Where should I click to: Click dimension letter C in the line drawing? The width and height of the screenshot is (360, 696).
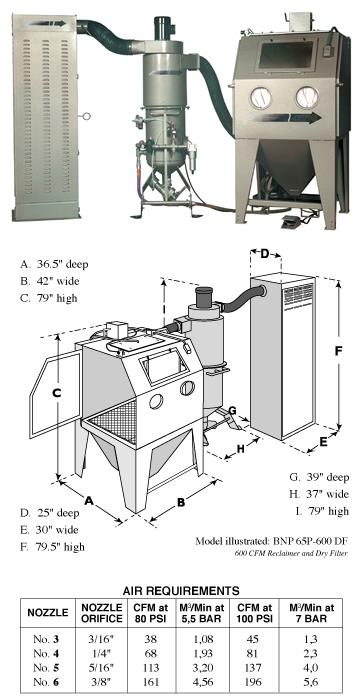(57, 394)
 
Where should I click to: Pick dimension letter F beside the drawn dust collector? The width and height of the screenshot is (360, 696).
(340, 351)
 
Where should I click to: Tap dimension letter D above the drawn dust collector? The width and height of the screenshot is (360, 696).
(265, 255)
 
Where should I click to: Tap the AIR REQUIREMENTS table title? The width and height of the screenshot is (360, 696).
(180, 590)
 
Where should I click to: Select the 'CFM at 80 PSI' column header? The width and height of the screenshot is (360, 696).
(149, 613)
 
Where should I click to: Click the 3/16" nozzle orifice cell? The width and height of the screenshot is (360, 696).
(101, 639)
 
